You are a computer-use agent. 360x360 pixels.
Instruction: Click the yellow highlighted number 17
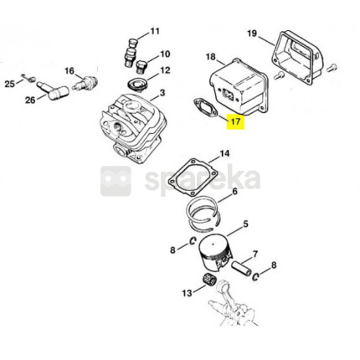(x=235, y=122)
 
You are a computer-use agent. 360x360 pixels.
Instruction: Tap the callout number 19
(x=252, y=33)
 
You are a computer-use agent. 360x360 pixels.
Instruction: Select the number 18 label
(x=211, y=57)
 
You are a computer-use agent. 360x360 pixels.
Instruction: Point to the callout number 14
(x=224, y=154)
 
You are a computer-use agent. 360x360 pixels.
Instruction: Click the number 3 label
(x=162, y=93)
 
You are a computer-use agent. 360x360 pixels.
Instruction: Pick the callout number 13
(x=188, y=293)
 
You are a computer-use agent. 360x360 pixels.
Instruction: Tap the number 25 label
(x=10, y=84)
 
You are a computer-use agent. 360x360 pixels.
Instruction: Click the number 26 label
(x=30, y=100)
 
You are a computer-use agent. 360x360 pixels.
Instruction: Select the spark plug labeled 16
(x=85, y=83)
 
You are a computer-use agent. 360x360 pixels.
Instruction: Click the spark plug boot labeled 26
(x=54, y=90)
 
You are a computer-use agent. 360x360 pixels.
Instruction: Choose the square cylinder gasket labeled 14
(x=193, y=177)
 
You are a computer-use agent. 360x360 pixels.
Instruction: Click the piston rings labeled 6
(x=203, y=216)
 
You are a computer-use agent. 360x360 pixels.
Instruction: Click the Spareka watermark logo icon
(x=116, y=181)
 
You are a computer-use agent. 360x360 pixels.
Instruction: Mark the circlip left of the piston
(x=193, y=241)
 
